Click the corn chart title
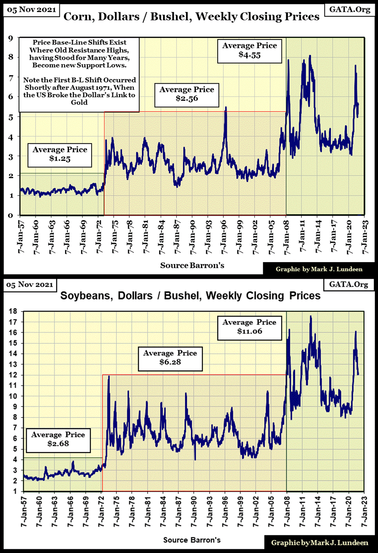(x=191, y=16)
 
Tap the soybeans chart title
(x=190, y=296)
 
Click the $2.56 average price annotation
(x=187, y=94)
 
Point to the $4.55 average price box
(x=250, y=50)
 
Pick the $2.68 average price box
(x=58, y=439)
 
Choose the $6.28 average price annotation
(x=170, y=357)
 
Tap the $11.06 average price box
(x=249, y=327)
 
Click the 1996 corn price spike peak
(x=226, y=107)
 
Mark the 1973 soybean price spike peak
(x=109, y=376)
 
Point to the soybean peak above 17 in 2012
(x=311, y=316)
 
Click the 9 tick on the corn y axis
(x=11, y=38)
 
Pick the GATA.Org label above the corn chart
(x=350, y=9)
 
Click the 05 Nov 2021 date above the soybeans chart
(x=30, y=285)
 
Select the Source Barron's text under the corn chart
(x=192, y=265)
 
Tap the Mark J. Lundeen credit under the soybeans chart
(x=319, y=543)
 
